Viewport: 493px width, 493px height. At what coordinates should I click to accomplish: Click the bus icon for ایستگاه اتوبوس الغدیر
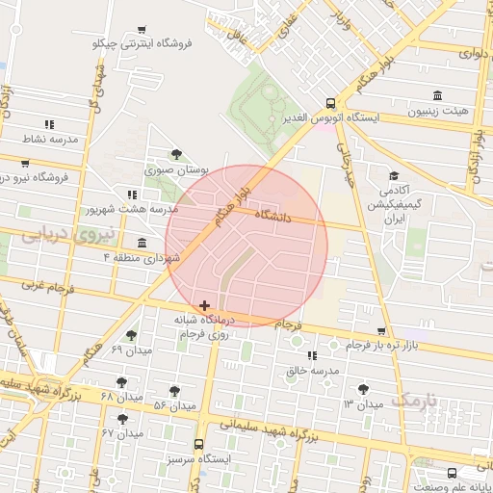click(330, 103)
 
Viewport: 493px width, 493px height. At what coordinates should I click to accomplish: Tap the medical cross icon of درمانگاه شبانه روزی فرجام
click(204, 305)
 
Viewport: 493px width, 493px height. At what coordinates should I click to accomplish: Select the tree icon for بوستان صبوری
click(175, 154)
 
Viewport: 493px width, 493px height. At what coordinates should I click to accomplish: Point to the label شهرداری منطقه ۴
click(143, 258)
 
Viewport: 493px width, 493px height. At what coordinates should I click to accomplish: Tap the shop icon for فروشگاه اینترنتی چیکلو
click(143, 30)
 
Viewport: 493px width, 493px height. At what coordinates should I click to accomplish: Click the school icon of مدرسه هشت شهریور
click(131, 194)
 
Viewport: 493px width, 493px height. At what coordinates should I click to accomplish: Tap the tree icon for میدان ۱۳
click(362, 389)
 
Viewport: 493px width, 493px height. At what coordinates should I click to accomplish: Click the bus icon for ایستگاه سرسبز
click(198, 444)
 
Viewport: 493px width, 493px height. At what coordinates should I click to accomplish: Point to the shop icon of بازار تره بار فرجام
click(382, 331)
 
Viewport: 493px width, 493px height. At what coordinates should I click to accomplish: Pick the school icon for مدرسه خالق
click(310, 356)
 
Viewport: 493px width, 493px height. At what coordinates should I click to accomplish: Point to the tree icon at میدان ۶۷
click(122, 419)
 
